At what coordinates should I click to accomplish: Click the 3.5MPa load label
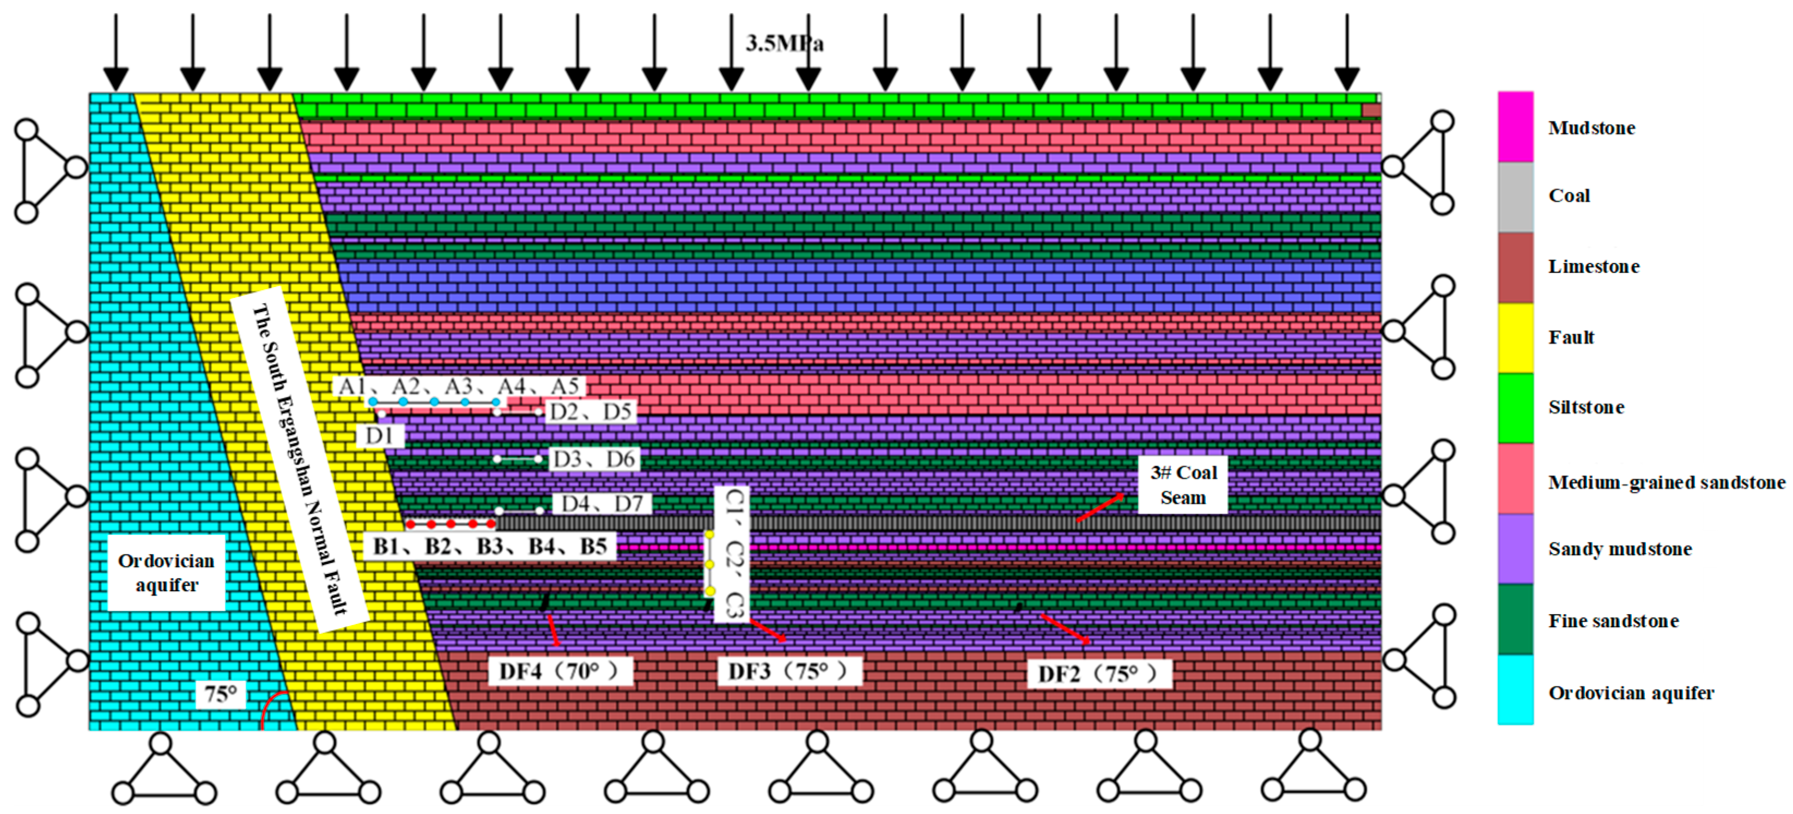pyautogui.click(x=785, y=43)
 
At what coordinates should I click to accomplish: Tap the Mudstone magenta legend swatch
pyautogui.click(x=1515, y=127)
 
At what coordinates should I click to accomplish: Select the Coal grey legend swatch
pyautogui.click(x=1515, y=197)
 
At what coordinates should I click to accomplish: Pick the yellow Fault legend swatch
pyautogui.click(x=1515, y=338)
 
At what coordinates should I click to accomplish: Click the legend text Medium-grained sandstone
pyautogui.click(x=1666, y=482)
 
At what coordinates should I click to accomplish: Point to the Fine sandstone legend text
pyautogui.click(x=1613, y=621)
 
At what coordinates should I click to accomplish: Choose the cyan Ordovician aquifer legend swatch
pyautogui.click(x=1515, y=689)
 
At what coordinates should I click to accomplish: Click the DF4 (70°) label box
pyautogui.click(x=560, y=671)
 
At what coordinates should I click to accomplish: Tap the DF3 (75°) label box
pyautogui.click(x=789, y=671)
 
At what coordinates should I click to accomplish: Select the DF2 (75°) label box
pyautogui.click(x=1099, y=674)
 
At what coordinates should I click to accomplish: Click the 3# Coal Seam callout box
pyautogui.click(x=1183, y=485)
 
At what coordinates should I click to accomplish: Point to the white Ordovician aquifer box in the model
pyautogui.click(x=166, y=573)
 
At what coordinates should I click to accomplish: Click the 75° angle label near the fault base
pyautogui.click(x=221, y=694)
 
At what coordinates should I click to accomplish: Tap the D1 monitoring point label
pyautogui.click(x=379, y=436)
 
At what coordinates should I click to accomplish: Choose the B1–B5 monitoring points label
pyautogui.click(x=489, y=546)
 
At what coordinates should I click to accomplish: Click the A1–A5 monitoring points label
pyautogui.click(x=459, y=386)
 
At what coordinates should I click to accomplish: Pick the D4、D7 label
pyautogui.click(x=601, y=503)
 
